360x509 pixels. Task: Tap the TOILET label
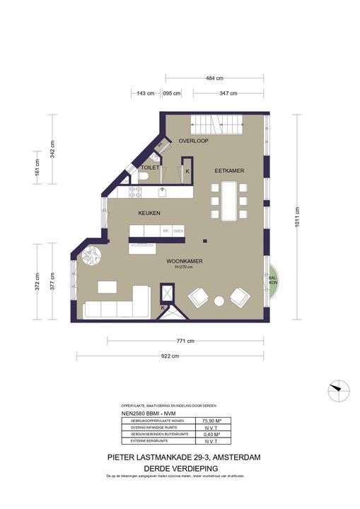(150, 168)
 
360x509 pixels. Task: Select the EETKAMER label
(229, 170)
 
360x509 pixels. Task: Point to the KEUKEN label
(149, 213)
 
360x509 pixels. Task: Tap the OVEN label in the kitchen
(178, 230)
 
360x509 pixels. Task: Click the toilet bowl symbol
(144, 179)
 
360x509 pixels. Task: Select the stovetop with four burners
(134, 192)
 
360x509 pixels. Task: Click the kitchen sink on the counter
(162, 190)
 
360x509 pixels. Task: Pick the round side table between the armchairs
(219, 301)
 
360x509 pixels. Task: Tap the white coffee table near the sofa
(108, 286)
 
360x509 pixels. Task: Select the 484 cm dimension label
(214, 78)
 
